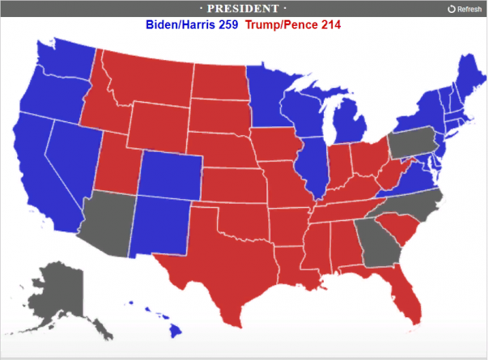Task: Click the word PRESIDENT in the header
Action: point(244,8)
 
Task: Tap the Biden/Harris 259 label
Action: point(192,24)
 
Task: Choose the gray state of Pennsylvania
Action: point(410,144)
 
